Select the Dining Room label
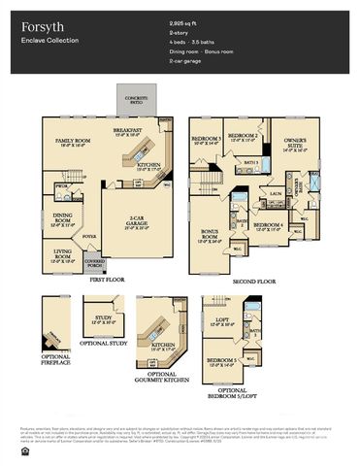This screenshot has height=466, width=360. pyautogui.click(x=62, y=217)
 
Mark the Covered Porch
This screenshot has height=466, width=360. pyautogui.click(x=95, y=262)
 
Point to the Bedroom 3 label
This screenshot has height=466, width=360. pyautogui.click(x=206, y=141)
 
